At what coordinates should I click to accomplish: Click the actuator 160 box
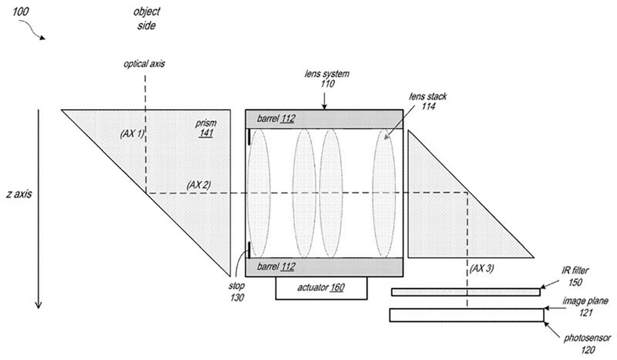(x=321, y=288)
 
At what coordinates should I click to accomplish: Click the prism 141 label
(x=207, y=127)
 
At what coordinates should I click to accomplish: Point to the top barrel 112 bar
(x=325, y=118)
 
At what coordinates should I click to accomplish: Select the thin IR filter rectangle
(x=465, y=292)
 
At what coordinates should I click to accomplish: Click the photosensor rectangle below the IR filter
(x=466, y=315)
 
